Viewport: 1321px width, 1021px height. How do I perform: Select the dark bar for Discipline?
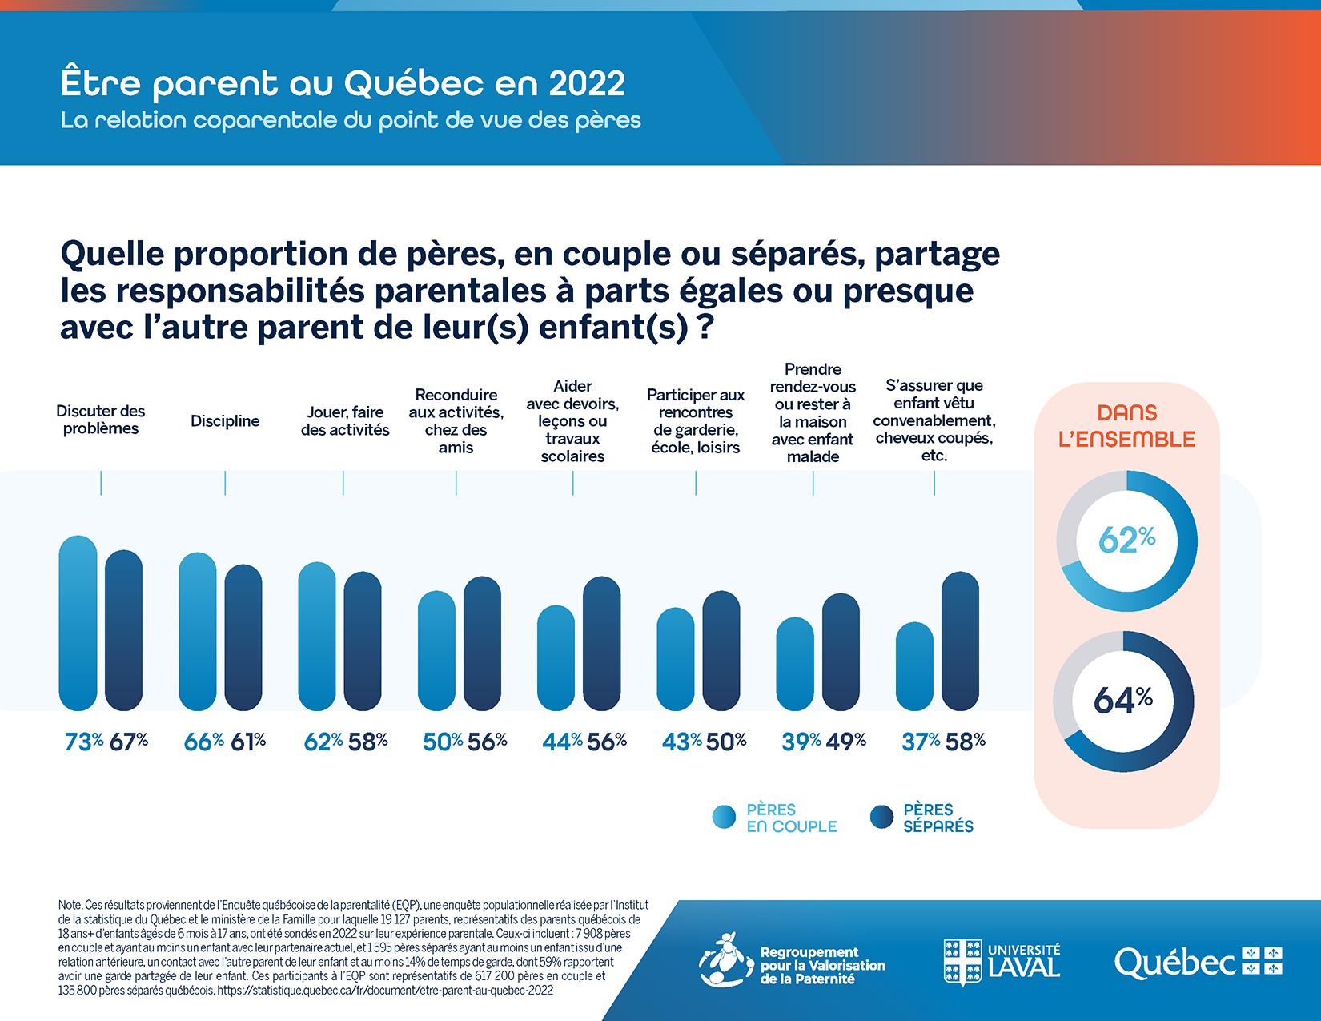243,637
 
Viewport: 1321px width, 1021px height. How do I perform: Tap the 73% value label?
84,742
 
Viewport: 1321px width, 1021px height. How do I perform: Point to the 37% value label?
921,742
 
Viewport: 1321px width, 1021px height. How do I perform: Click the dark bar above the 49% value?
841,652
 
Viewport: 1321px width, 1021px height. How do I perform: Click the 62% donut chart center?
1126,541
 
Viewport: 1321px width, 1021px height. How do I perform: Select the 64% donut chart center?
1123,701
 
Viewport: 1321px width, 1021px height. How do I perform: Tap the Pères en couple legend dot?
724,817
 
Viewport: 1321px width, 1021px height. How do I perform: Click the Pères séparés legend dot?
881,817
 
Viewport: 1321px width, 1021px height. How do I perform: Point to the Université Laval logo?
1002,962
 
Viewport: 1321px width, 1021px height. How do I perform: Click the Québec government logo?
1198,962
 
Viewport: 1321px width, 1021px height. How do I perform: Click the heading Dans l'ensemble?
1126,426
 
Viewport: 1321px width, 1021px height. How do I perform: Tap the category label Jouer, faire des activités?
345,421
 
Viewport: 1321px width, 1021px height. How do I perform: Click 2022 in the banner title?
587,83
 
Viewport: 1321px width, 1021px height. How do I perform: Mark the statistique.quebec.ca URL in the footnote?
385,991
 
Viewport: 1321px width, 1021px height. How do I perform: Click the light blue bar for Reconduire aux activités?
436,650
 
